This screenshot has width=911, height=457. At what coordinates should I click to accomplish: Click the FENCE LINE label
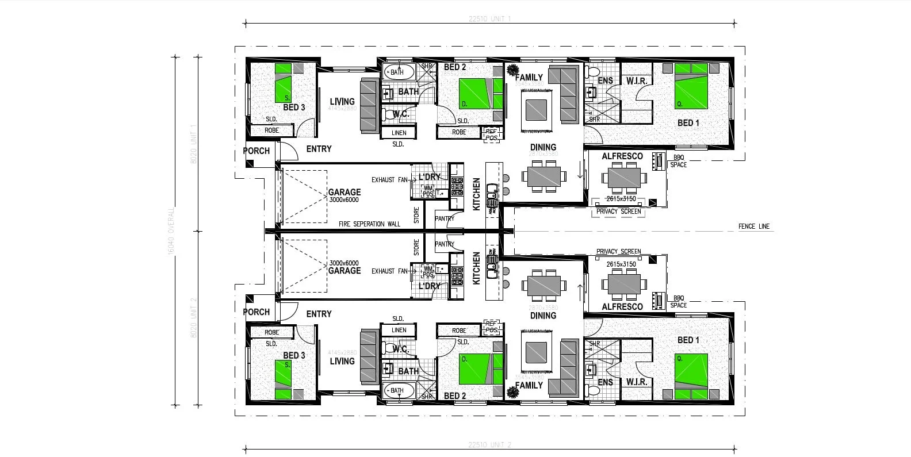coord(753,226)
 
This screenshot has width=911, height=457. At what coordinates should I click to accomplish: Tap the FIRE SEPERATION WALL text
coord(369,224)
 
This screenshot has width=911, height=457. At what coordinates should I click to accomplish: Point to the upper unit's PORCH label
coord(256,151)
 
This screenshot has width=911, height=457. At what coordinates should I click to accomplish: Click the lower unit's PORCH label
coord(256,312)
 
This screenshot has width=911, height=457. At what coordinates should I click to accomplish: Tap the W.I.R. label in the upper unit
coord(637,81)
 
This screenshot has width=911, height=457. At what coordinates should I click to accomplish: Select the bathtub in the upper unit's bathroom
coord(398,72)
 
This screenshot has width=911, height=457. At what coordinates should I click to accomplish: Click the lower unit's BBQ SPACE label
coord(679,301)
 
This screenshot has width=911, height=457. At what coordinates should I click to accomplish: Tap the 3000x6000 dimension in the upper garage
coord(344,200)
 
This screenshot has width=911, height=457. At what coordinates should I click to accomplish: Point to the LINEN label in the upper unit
coord(399,133)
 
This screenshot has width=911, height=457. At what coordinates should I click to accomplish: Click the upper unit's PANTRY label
coord(445,218)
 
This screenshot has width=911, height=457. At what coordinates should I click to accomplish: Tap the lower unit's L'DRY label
coord(429,286)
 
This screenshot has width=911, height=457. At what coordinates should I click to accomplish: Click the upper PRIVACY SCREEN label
coord(618,211)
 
